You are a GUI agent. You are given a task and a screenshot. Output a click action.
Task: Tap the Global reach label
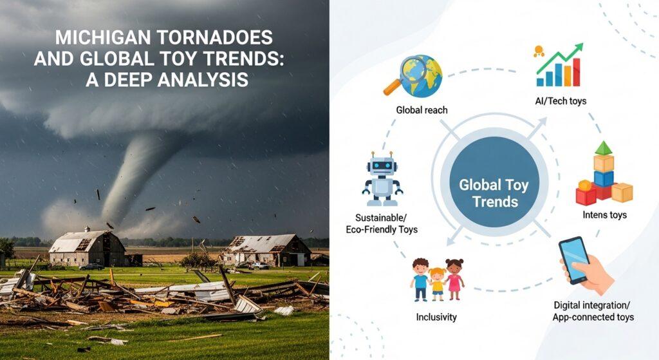coord(422,110)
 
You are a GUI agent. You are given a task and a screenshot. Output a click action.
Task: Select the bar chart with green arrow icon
coord(559,66)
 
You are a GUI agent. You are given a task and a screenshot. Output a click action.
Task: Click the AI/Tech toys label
coord(560,101)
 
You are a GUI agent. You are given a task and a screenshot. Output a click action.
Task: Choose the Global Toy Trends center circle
coord(494,193)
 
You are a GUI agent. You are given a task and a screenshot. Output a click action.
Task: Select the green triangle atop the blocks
coord(603,148)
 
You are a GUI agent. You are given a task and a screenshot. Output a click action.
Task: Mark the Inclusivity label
coord(437,317)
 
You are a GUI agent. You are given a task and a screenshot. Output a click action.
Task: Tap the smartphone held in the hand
coord(575,260)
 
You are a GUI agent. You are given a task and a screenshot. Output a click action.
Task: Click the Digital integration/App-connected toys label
coord(593,310)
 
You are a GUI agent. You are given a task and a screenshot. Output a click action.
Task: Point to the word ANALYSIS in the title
coord(199,79)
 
